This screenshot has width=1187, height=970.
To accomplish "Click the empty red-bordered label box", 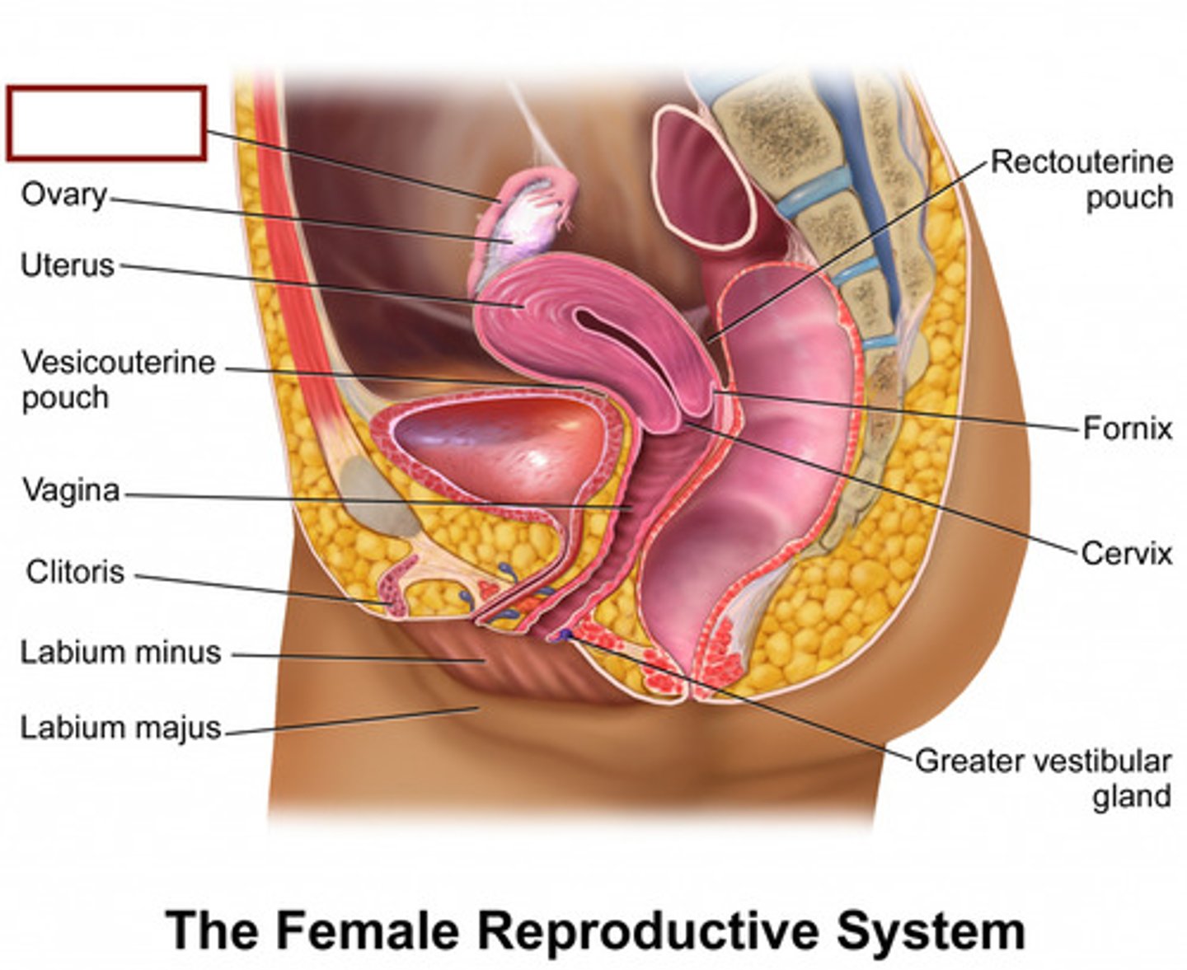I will [106, 123].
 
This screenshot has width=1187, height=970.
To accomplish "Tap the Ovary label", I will [64, 195].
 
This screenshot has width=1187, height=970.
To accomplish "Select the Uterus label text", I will [68, 265].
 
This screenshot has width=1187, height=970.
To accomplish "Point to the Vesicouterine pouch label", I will [118, 379].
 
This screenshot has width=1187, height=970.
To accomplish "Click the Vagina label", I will [71, 490].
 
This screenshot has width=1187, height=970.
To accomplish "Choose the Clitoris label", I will [75, 571].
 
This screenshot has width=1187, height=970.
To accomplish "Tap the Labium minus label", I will [120, 652].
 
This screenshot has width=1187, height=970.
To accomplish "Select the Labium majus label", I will [120, 728].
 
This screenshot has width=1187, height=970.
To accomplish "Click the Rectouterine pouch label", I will [1081, 180].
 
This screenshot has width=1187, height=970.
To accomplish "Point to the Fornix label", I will [1127, 429].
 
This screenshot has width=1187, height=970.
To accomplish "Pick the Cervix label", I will [1126, 552].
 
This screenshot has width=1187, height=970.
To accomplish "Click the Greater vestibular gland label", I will [1044, 778].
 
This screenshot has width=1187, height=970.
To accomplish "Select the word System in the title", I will [931, 930].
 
